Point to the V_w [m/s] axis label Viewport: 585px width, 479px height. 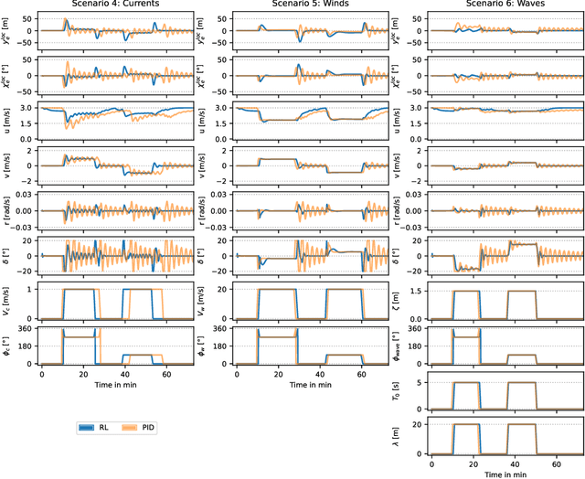tap(211, 302)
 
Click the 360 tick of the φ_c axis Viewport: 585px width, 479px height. tap(26, 327)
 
